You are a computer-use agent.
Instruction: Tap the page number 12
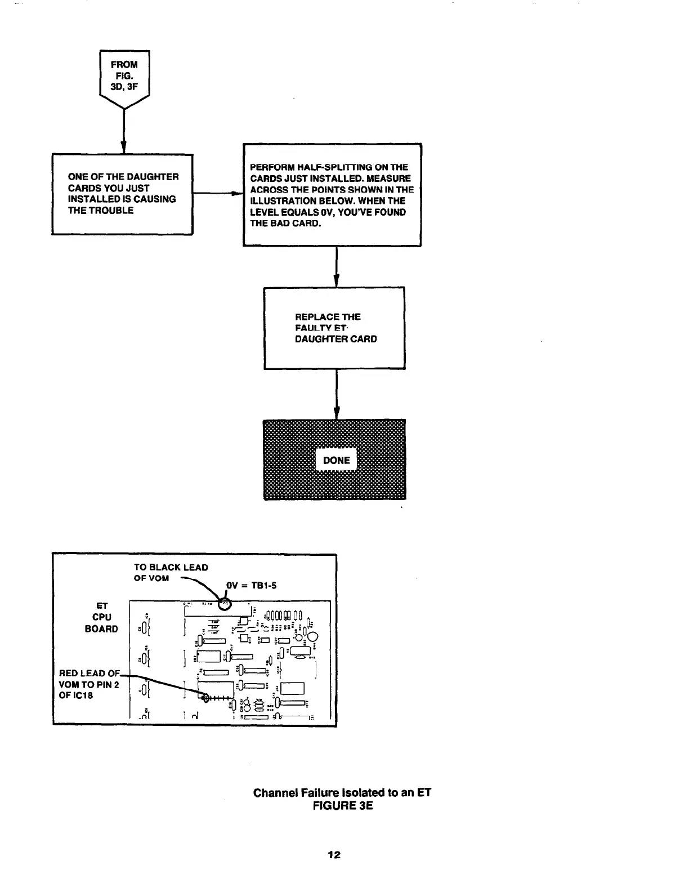[x=334, y=854]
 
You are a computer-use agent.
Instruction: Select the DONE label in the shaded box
[x=337, y=460]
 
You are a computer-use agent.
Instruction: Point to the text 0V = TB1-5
[x=251, y=585]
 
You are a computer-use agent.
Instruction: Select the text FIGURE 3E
[x=342, y=806]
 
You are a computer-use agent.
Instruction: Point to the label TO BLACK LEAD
[x=171, y=568]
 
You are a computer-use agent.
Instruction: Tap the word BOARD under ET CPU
[x=101, y=628]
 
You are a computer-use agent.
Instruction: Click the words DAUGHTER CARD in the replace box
[x=336, y=339]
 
